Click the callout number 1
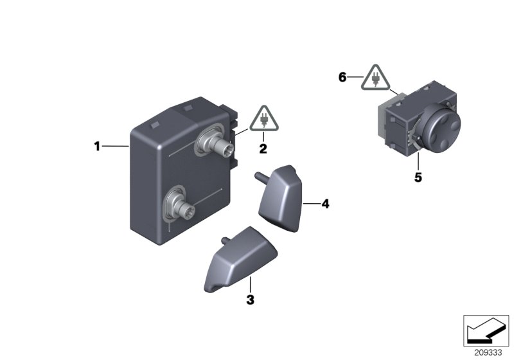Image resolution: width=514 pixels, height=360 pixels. click(x=97, y=147)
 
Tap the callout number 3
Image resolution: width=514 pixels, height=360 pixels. click(x=251, y=299)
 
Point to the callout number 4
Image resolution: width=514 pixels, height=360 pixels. click(x=325, y=204)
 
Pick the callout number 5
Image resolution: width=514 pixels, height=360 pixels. click(x=418, y=177)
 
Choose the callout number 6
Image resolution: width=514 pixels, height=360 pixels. click(x=342, y=77)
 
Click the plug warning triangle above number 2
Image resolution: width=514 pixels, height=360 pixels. click(x=263, y=118)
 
